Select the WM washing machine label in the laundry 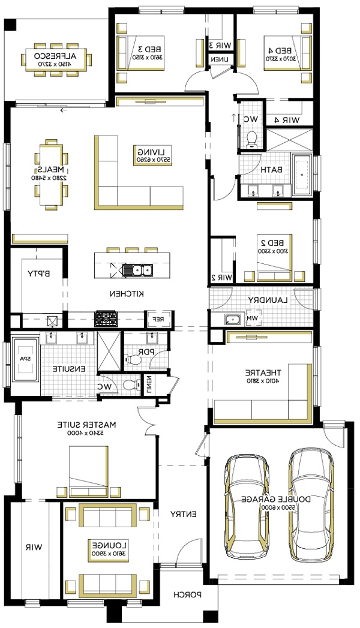(x=253, y=318)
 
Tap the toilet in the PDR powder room (x=133, y=360)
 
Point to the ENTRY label (x=182, y=514)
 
